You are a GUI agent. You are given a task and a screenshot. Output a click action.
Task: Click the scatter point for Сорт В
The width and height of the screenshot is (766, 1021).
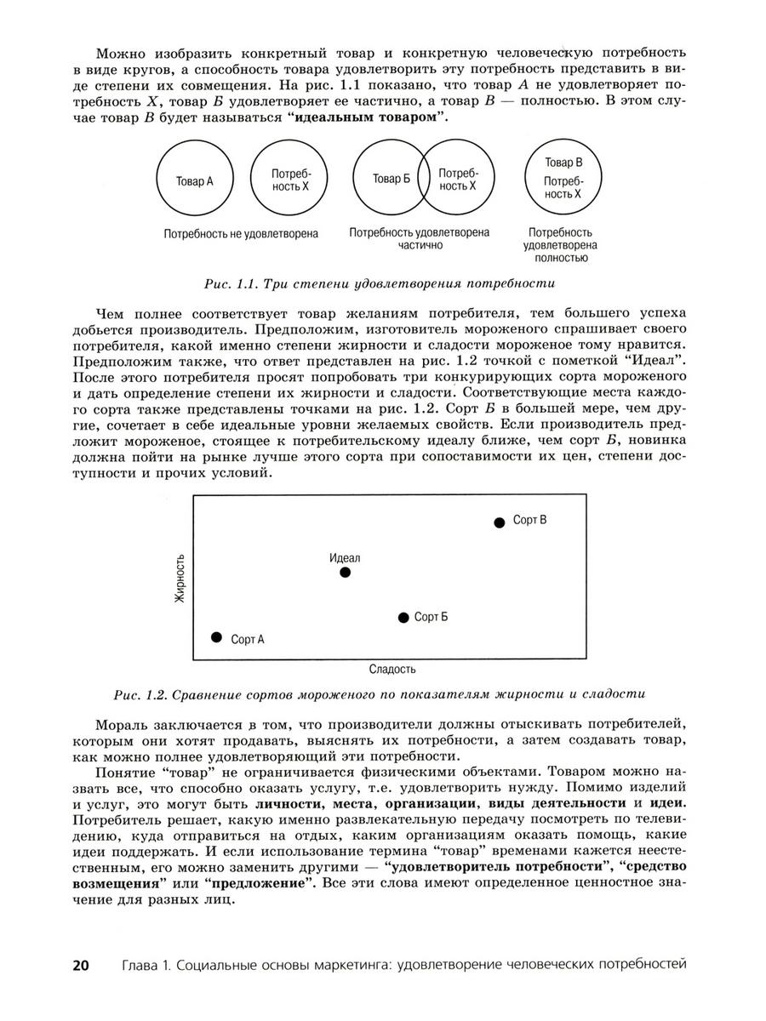pyautogui.click(x=500, y=522)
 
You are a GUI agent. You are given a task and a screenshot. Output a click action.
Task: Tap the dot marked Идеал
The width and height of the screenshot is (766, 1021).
pyautogui.click(x=345, y=572)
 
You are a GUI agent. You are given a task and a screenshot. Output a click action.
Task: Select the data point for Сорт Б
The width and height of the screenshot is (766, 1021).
pyautogui.click(x=403, y=618)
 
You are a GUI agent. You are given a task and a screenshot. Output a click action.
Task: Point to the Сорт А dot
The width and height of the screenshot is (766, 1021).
pyautogui.click(x=216, y=637)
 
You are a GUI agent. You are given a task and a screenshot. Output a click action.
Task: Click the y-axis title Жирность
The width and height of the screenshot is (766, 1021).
pyautogui.click(x=180, y=579)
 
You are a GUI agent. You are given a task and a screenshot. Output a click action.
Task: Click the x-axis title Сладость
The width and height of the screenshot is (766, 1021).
pyautogui.click(x=392, y=669)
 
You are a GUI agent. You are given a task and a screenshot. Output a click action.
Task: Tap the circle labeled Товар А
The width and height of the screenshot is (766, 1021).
pyautogui.click(x=194, y=180)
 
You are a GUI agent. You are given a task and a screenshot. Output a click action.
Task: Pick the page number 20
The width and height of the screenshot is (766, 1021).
pyautogui.click(x=81, y=965)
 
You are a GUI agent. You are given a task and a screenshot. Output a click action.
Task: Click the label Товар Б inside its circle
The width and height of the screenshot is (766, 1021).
pyautogui.click(x=392, y=179)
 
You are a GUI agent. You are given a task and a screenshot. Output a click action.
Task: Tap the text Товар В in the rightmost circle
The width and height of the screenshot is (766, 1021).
pyautogui.click(x=563, y=163)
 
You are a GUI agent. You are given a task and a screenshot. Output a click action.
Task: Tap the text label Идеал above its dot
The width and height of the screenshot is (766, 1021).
pyautogui.click(x=345, y=558)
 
